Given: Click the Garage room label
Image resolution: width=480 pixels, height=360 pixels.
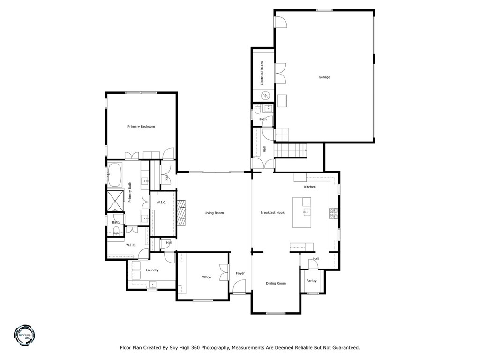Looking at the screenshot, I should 324,77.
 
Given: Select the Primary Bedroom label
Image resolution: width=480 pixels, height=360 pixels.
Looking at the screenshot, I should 141,127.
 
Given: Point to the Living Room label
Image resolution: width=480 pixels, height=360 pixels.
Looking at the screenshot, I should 214,213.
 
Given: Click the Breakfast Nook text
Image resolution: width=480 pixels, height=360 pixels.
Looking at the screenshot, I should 272,213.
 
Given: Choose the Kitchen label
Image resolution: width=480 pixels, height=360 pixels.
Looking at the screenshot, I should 310,187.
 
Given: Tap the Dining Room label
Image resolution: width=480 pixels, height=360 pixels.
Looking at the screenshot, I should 276,283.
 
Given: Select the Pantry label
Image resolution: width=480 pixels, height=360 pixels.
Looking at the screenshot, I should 311,281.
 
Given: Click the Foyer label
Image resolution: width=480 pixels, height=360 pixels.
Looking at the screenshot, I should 240,273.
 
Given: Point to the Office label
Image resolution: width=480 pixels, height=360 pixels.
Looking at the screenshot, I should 206,277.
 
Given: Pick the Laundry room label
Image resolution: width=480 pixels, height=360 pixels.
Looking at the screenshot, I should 152,270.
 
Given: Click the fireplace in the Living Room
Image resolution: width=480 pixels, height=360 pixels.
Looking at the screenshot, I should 181,213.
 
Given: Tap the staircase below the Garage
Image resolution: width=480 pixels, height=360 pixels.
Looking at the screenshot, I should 290,150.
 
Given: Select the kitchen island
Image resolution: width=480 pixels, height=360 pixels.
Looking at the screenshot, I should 302,212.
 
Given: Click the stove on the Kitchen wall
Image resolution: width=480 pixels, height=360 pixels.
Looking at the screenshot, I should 334,214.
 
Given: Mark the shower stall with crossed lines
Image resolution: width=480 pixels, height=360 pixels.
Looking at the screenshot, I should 115,201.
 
